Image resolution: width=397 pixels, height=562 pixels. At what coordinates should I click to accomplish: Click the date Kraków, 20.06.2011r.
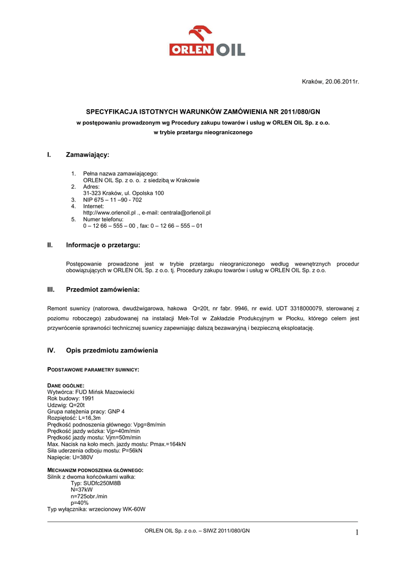pos(330,82)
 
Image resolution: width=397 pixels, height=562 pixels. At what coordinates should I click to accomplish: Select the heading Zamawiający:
pos(88,155)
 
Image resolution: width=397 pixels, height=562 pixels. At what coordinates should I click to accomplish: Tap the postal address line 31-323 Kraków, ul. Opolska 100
pos(123,193)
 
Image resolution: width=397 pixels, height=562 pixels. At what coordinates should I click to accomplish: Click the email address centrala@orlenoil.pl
pos(185,212)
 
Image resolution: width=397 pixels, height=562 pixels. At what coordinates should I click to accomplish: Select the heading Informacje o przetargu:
pos(103,245)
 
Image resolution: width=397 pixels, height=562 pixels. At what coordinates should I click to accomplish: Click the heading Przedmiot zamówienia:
pos(103,289)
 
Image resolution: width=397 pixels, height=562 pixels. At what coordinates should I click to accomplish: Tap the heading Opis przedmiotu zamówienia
pos(112,350)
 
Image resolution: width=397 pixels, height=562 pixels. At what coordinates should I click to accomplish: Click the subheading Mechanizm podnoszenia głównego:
pos(95,470)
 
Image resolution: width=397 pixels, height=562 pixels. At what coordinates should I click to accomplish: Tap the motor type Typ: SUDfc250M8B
pos(95,483)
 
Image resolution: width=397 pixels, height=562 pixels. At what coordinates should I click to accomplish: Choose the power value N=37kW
pos(82,490)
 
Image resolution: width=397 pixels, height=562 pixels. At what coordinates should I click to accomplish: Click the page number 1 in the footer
pos(355,532)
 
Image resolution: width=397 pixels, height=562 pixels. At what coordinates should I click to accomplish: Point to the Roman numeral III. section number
pos(52,289)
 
